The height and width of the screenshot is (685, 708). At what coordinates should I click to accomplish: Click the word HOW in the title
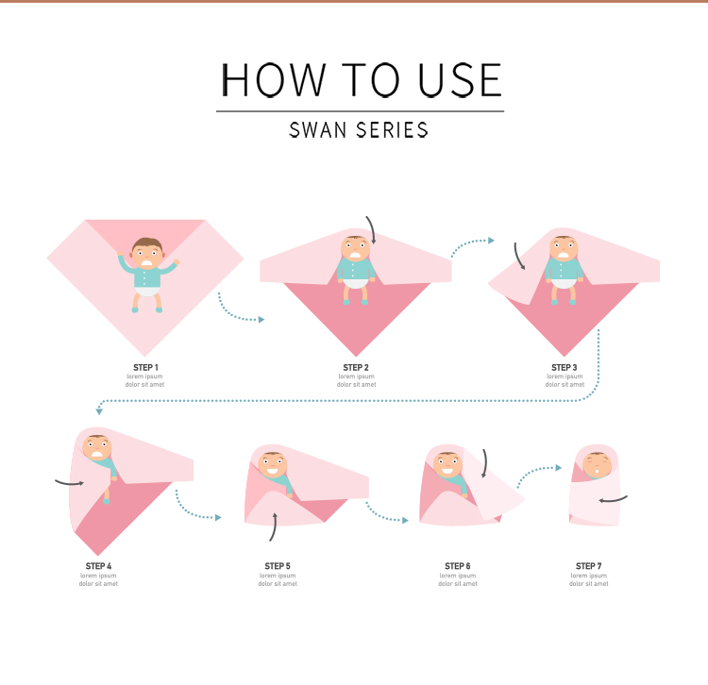click(x=273, y=80)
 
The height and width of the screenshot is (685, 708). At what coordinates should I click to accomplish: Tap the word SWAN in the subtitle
click(x=317, y=130)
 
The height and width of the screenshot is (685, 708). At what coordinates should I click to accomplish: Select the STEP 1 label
click(x=145, y=367)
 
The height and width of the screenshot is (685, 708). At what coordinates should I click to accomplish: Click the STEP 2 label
click(x=356, y=367)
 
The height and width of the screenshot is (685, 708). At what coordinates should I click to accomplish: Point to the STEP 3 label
click(x=564, y=367)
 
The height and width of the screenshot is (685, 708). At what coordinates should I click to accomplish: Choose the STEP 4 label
click(x=98, y=566)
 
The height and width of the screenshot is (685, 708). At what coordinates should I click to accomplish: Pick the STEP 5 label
click(x=278, y=566)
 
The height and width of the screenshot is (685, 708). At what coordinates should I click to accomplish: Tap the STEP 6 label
click(x=458, y=566)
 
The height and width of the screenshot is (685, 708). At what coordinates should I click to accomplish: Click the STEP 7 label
click(x=588, y=566)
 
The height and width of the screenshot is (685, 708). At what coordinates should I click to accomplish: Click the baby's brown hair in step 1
click(x=147, y=244)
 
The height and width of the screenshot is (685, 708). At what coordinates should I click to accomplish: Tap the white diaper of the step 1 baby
click(x=146, y=292)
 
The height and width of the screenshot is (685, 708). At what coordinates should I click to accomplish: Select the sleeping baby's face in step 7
click(x=597, y=466)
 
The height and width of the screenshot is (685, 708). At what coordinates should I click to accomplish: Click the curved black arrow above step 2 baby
click(x=372, y=228)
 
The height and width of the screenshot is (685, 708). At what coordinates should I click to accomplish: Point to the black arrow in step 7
click(x=613, y=499)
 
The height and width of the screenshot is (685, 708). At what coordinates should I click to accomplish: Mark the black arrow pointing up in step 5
click(x=274, y=526)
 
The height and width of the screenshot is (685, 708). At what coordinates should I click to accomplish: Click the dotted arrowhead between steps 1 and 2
click(x=261, y=320)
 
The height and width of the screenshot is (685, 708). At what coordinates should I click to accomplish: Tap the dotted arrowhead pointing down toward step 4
click(x=99, y=411)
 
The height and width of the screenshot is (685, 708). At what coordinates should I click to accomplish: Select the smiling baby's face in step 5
click(x=273, y=466)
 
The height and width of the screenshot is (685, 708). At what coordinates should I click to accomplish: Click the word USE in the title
click(x=460, y=80)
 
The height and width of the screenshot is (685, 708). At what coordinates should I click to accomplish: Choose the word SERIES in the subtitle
click(x=392, y=130)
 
